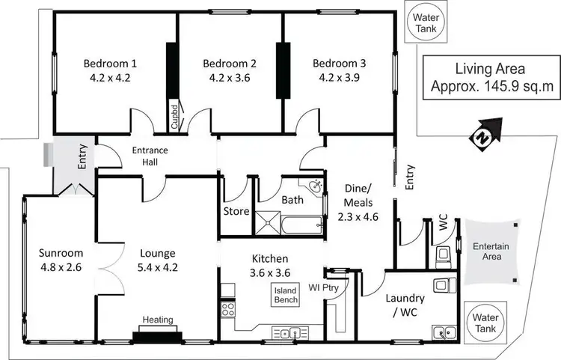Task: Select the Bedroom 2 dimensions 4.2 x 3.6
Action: click(230, 77)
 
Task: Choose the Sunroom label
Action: click(62, 252)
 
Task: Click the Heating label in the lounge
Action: click(157, 320)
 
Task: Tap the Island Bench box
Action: click(286, 294)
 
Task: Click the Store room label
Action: click(236, 211)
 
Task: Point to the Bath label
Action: click(291, 201)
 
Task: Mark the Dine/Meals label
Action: click(360, 196)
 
